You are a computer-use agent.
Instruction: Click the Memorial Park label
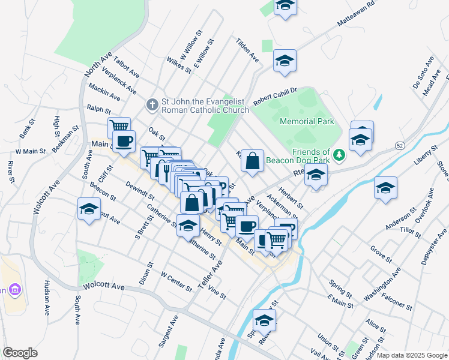pyautogui.click(x=307, y=121)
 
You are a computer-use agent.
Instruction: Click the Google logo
pyautogui.click(x=20, y=353)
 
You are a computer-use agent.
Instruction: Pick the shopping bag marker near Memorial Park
pyautogui.click(x=253, y=161)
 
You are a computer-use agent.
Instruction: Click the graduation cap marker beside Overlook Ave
pyautogui.click(x=385, y=188)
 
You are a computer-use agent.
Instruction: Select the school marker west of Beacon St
pyautogui.click(x=89, y=210)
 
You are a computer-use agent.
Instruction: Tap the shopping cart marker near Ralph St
pyautogui.click(x=119, y=127)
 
